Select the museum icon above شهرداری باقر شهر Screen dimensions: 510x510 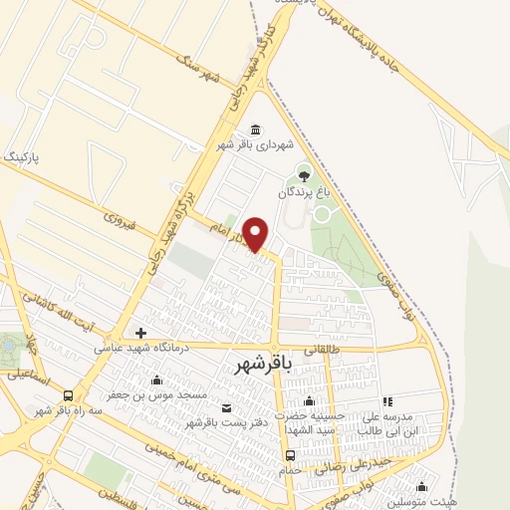(x=256, y=129)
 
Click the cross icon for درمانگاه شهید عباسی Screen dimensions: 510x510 (x=141, y=333)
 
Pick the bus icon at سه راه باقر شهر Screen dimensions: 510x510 (x=67, y=395)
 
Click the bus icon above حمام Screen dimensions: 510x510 (x=290, y=456)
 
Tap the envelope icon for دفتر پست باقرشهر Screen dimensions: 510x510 (x=226, y=408)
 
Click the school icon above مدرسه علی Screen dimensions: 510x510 (x=388, y=400)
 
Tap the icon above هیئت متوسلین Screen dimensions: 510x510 (x=421, y=487)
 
